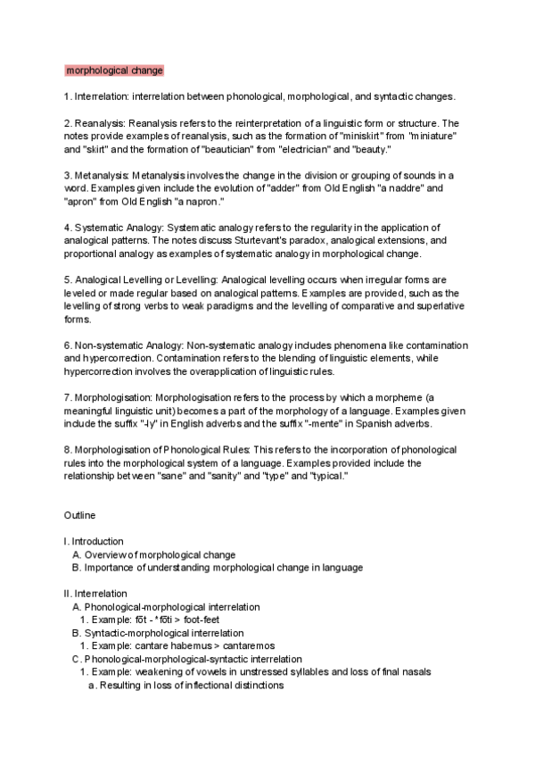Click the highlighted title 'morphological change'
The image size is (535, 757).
(x=114, y=70)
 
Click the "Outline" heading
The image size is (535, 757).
(x=79, y=516)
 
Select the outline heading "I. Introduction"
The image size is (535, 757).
(x=94, y=542)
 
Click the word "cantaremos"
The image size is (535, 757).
(x=233, y=645)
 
